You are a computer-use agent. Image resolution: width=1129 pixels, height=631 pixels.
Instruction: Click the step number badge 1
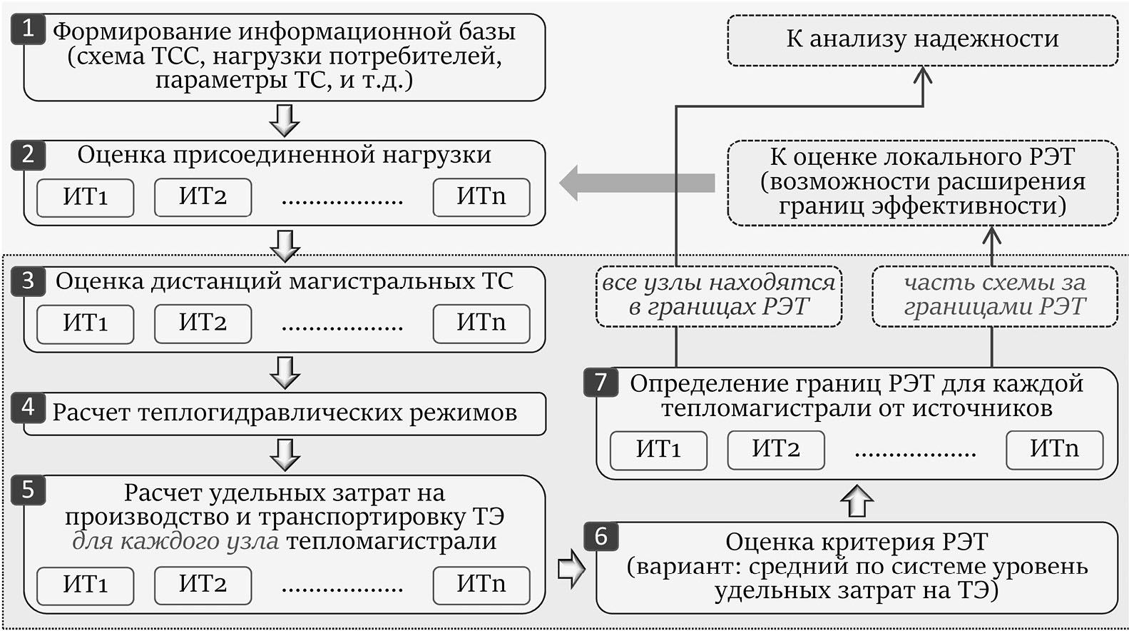click(28, 30)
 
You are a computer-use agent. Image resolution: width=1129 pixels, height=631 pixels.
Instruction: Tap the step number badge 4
click(28, 408)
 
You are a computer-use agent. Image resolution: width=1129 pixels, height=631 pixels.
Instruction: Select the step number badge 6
click(601, 536)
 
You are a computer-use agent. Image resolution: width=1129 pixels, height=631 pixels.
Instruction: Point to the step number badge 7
click(601, 383)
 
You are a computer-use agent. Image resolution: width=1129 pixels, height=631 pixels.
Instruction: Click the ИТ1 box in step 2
click(85, 197)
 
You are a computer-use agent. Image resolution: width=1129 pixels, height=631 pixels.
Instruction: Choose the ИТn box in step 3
click(481, 323)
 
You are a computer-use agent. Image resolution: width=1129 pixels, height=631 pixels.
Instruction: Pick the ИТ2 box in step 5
click(203, 585)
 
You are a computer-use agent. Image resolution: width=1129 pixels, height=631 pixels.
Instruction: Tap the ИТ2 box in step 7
click(776, 450)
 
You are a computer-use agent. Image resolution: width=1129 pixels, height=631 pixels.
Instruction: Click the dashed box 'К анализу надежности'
click(922, 40)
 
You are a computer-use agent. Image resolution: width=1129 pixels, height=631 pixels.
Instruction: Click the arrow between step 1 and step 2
click(285, 120)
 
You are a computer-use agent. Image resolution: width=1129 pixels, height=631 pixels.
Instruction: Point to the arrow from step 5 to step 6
click(571, 568)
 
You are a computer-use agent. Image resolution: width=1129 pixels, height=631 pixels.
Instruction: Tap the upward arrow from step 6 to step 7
click(857, 500)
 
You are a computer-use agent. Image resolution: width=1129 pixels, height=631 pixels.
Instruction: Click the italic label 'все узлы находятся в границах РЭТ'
click(718, 296)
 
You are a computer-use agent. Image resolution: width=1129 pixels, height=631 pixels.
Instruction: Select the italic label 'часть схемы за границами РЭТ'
click(994, 296)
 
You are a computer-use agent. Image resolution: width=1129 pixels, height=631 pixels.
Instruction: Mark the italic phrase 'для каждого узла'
click(175, 541)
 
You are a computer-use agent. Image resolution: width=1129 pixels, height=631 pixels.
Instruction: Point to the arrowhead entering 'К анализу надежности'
click(923, 75)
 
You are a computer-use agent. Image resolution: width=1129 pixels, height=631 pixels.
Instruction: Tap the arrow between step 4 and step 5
click(285, 454)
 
